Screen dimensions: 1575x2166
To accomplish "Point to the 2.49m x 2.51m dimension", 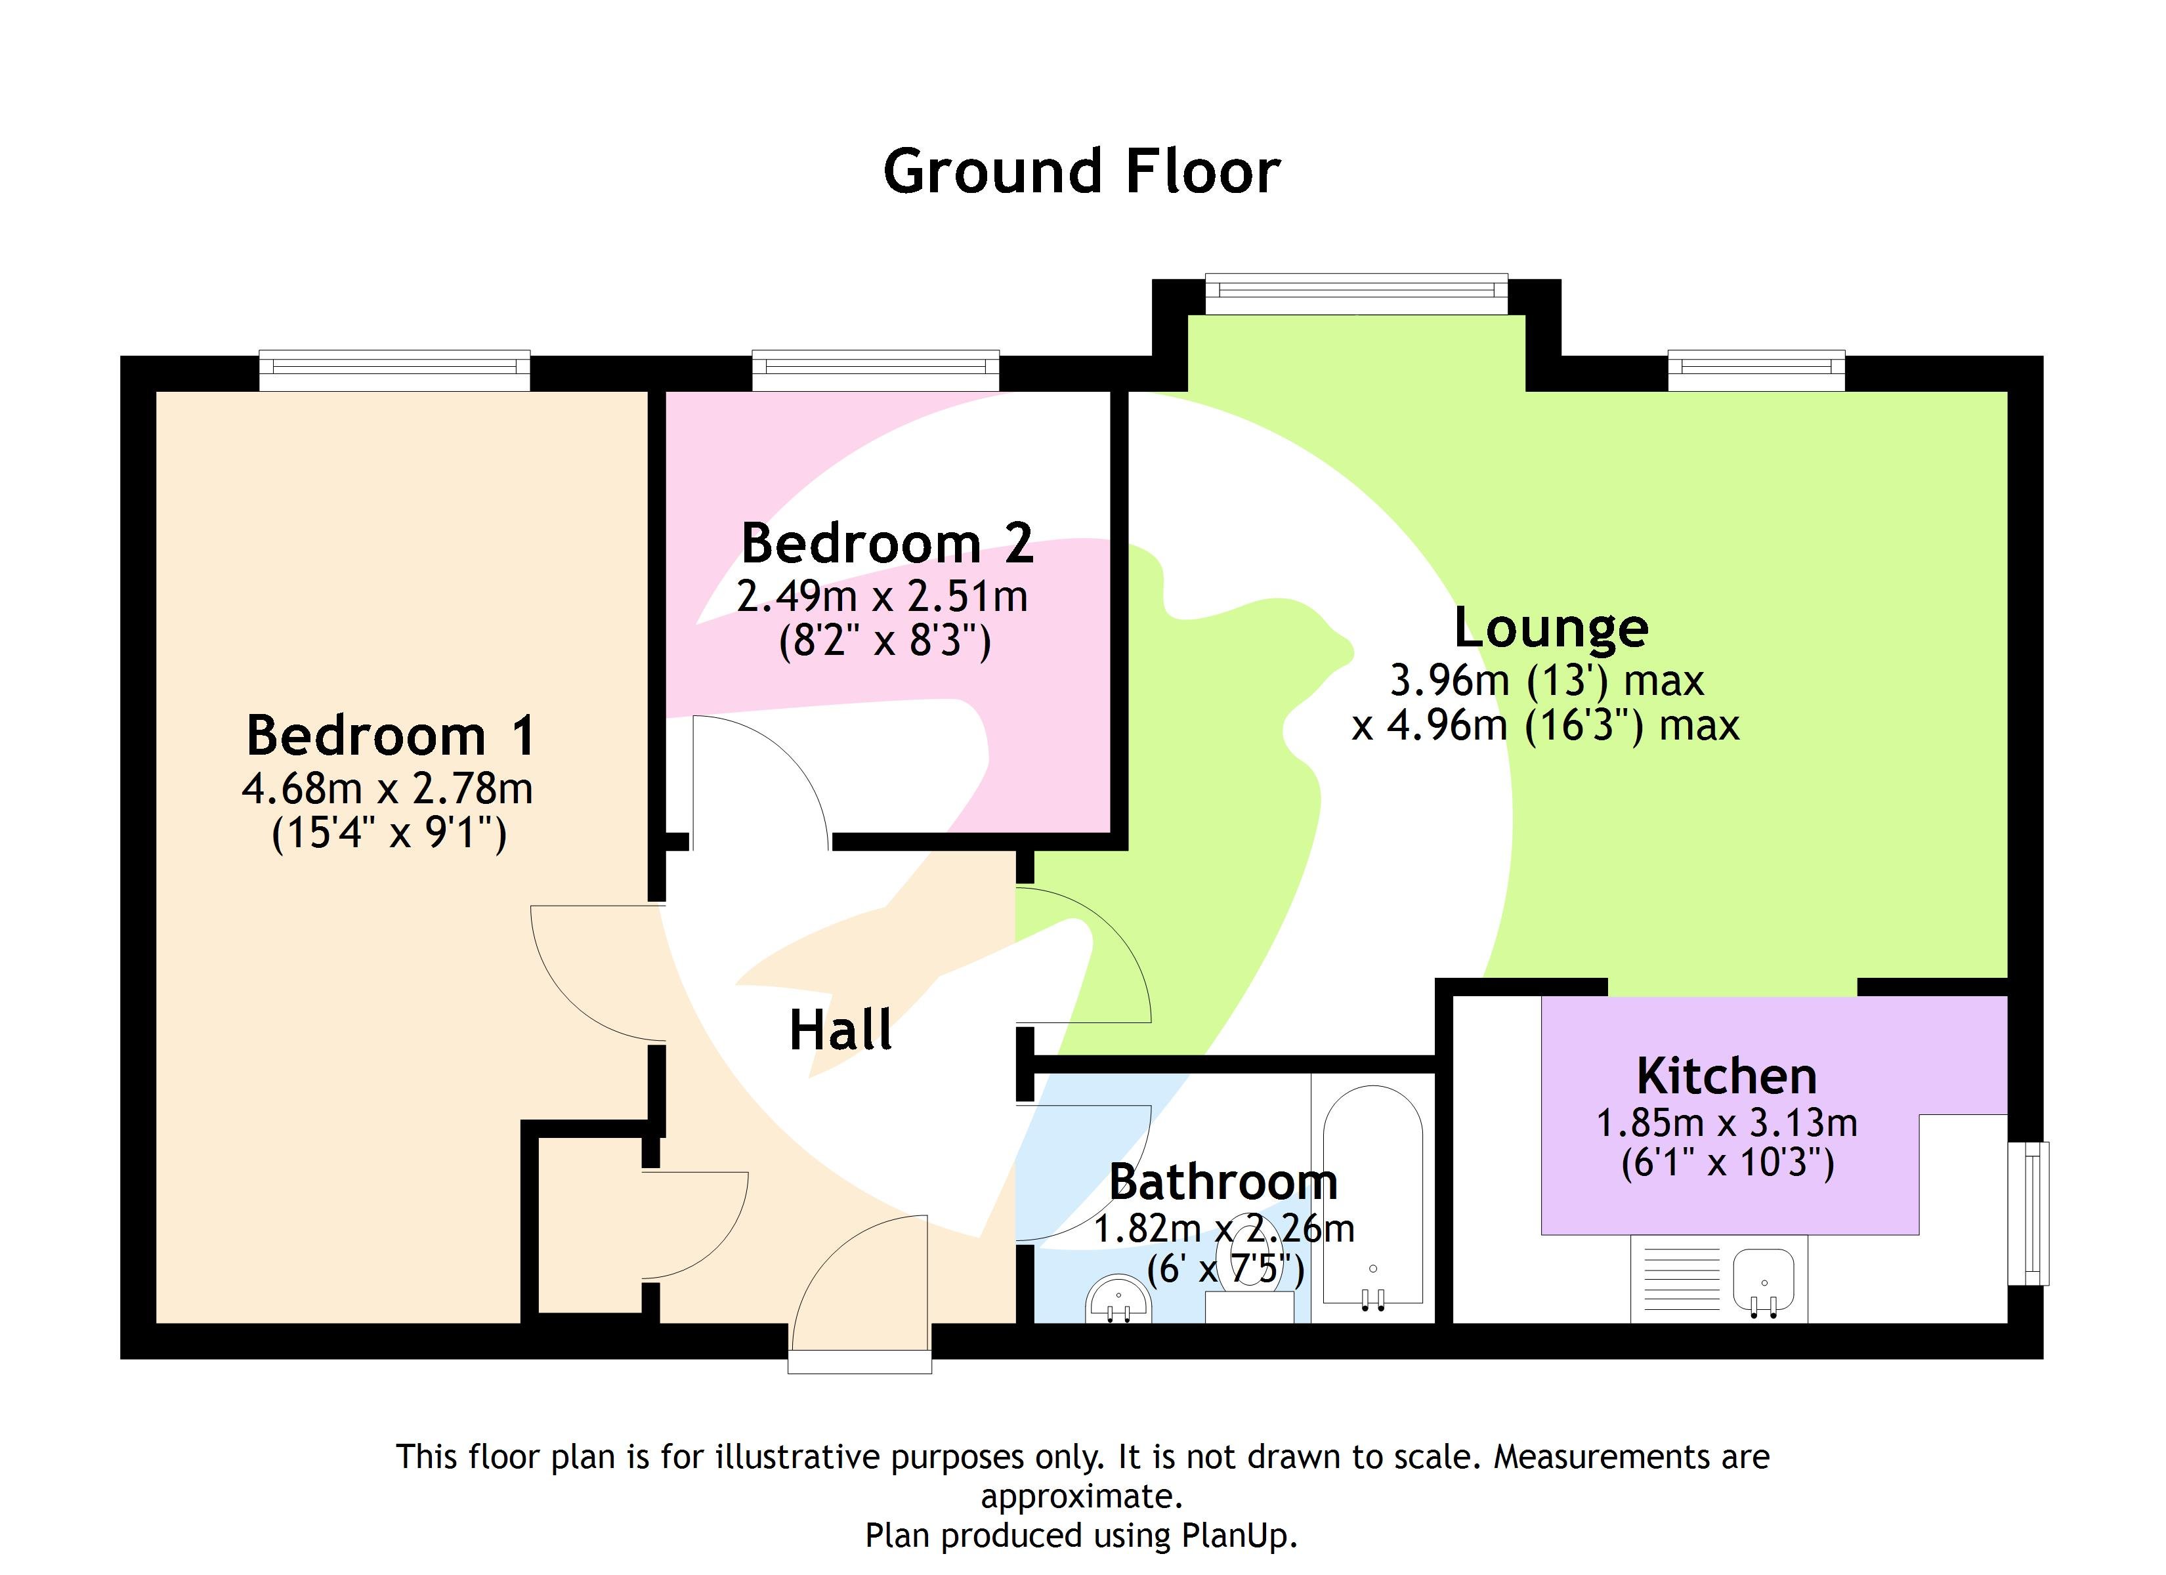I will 882,597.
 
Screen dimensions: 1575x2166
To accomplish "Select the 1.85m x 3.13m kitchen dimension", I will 1727,1123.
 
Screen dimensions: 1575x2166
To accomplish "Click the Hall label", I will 840,1030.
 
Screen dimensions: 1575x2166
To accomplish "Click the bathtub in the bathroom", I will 1372,1194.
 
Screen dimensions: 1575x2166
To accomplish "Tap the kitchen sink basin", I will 1763,1280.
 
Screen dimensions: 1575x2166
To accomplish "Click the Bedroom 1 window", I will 394,371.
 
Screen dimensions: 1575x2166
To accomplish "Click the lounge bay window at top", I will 1356,293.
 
